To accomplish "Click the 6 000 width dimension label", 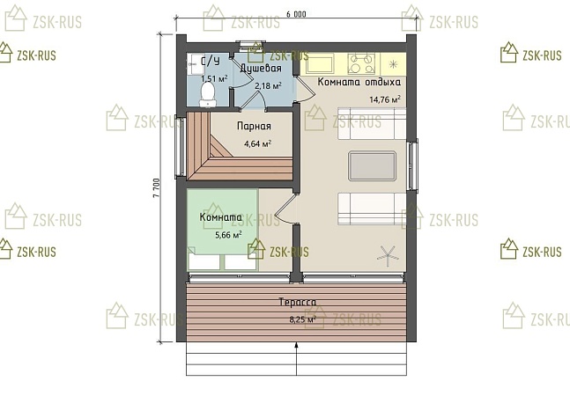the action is pos(296,14).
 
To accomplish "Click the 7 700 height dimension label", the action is pos(156,187).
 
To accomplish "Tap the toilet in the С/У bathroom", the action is pos(208,94).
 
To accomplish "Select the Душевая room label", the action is pos(261,68).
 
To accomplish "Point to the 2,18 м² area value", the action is pos(268,86).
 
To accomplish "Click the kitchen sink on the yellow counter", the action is pos(320,63).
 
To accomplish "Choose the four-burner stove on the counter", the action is pos(361,63).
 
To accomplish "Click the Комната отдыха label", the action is pos(359,82).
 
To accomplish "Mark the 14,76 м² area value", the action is pos(385,99).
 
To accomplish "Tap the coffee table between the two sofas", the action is pos(372,165).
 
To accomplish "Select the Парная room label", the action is pos(254,127).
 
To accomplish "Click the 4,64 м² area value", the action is pos(258,143).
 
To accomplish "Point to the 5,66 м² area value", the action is pos(228,235).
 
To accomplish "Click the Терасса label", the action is pos(298,302).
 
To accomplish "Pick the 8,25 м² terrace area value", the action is pos(301,319).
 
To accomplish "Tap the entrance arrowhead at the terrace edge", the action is pos(297,346).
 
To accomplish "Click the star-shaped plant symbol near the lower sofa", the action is pos(388,253).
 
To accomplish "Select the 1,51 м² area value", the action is pos(214,78).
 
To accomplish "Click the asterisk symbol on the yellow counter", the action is pos(393,64).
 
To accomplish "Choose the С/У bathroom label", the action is pos(211,61).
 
